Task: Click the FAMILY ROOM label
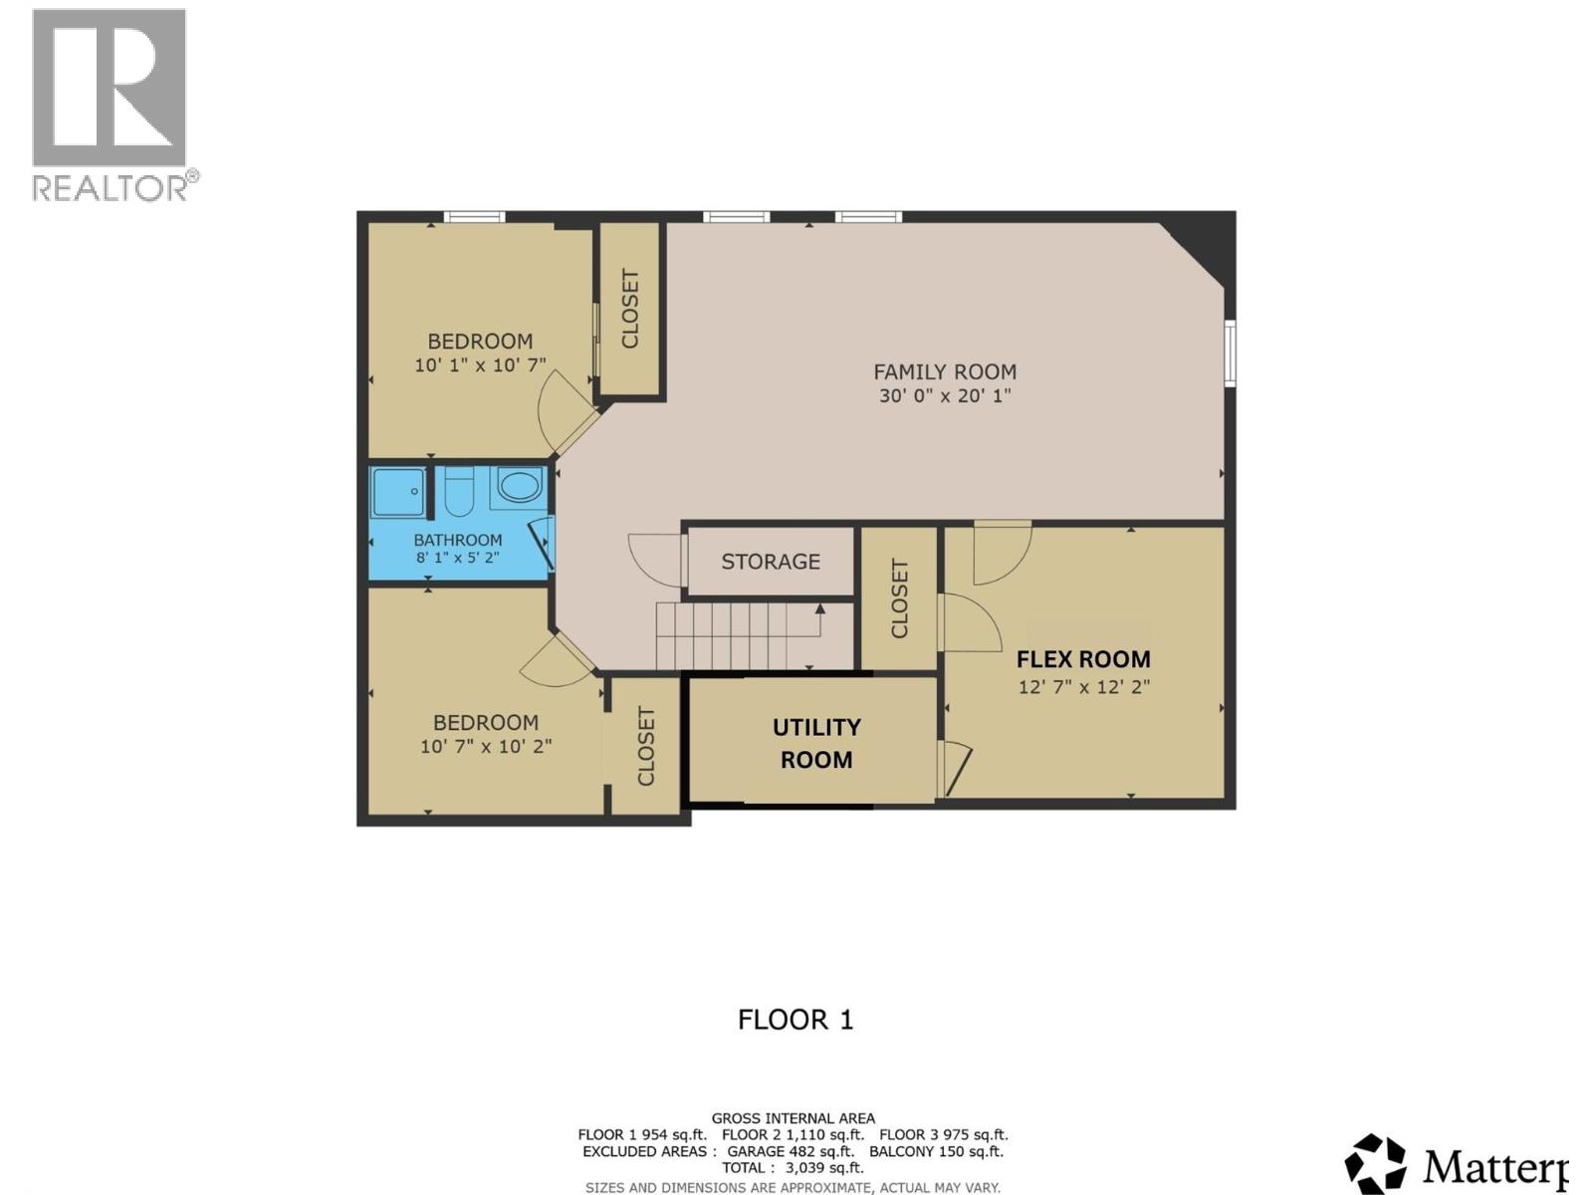(x=945, y=371)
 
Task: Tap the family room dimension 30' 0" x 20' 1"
(x=945, y=395)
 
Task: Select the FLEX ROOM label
(x=1083, y=659)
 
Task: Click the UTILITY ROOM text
(x=816, y=743)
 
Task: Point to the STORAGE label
(x=771, y=562)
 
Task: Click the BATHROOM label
(x=458, y=540)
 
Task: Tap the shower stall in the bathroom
(x=398, y=492)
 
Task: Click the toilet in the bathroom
(x=458, y=492)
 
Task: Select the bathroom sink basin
(x=518, y=487)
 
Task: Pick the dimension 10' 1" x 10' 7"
(x=481, y=365)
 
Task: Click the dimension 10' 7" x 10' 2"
(x=486, y=746)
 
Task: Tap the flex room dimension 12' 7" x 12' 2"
(x=1083, y=686)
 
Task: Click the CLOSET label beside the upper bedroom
(x=630, y=309)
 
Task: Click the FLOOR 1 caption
(x=796, y=1020)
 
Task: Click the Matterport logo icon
(x=1375, y=1163)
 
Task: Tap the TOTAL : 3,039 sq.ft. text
(x=794, y=1167)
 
